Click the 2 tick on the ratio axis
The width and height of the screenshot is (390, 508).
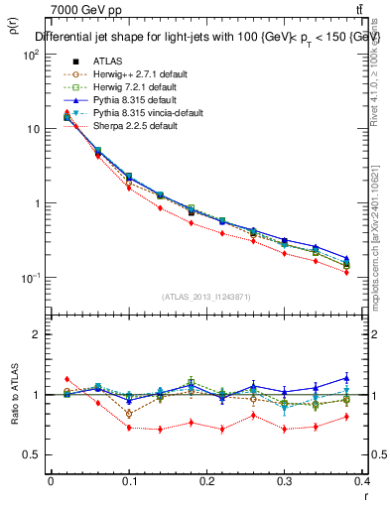click(x=39, y=334)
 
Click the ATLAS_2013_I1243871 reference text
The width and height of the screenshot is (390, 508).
click(x=207, y=297)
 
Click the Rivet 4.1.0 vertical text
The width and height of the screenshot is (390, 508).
click(x=381, y=84)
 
